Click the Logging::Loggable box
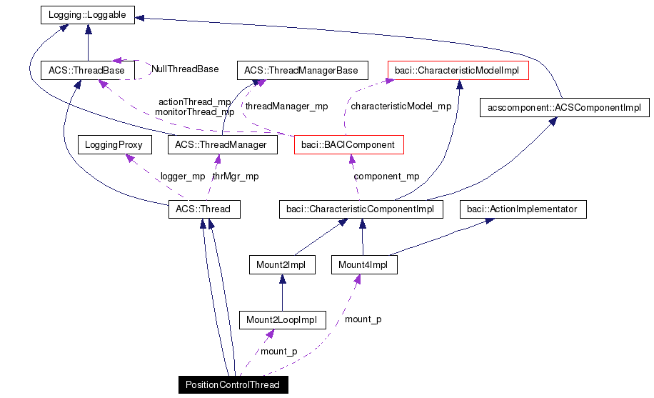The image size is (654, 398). pos(87,15)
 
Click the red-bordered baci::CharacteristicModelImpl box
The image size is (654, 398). pos(457,70)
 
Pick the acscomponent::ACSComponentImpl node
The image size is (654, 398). pos(563,108)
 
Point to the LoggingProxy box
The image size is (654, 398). pos(114,145)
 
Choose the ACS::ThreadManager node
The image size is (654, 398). pos(221,145)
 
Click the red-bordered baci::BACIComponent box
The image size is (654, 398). pos(348,145)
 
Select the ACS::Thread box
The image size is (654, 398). pos(203,209)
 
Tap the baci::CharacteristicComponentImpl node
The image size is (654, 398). pos(361,209)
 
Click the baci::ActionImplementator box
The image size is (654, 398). pos(523,209)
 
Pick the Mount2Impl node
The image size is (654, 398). pos(281,265)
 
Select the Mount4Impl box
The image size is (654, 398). pos(363,265)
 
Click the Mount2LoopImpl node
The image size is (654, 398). pos(282,319)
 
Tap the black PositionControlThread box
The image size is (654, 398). pos(233,384)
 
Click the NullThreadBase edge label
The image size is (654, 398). pos(185,69)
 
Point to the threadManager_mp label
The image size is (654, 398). pos(286,106)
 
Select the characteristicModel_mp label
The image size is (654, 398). pos(401,106)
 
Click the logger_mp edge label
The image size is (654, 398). pos(182,176)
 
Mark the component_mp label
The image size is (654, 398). pos(386,176)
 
